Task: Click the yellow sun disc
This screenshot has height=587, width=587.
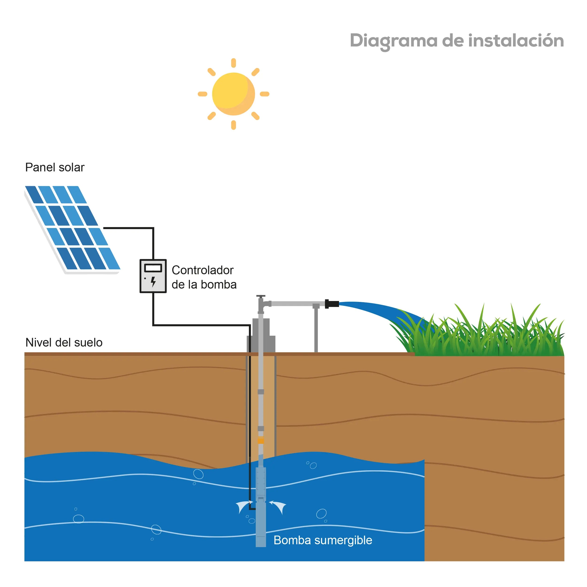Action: (x=233, y=94)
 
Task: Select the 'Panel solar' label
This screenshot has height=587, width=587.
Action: (x=55, y=167)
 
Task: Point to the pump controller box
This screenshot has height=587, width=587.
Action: (x=153, y=276)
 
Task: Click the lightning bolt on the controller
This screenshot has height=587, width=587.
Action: (x=153, y=282)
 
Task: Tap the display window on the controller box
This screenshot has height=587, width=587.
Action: (x=153, y=268)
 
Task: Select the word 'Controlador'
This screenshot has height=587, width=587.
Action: (x=202, y=270)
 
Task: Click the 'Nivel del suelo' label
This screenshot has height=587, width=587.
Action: (x=64, y=342)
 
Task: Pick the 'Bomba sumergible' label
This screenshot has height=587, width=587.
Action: (x=323, y=540)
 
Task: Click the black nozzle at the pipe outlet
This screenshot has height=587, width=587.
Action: (x=332, y=304)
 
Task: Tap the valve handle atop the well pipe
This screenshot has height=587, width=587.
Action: (x=261, y=296)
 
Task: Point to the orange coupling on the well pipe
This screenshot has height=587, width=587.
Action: (x=261, y=440)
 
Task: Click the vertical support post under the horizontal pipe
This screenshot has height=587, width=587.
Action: (x=316, y=329)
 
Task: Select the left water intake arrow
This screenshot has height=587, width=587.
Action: (x=244, y=506)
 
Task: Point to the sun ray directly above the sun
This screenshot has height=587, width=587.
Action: (x=233, y=63)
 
